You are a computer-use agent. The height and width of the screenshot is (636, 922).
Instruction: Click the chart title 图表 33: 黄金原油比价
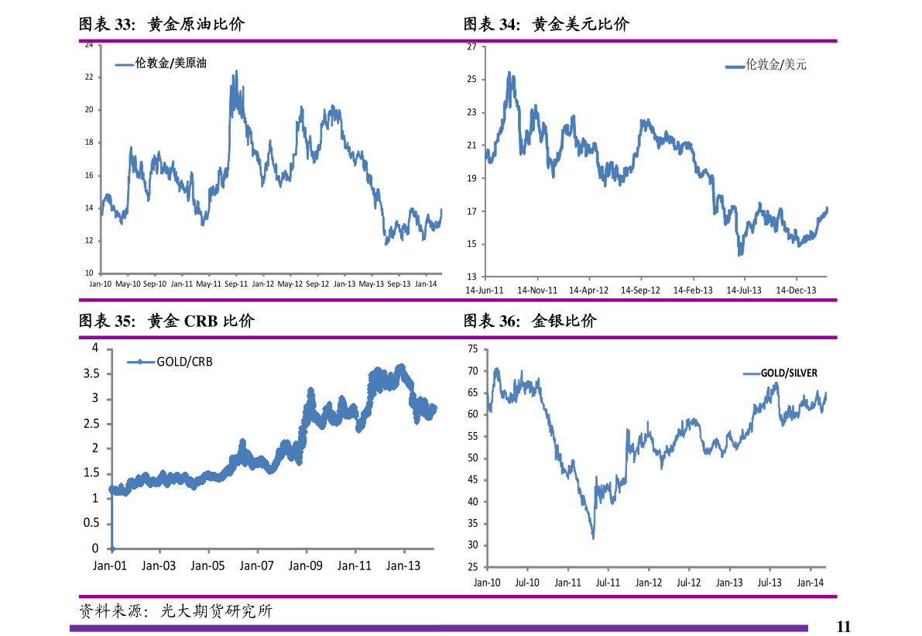[x=162, y=25]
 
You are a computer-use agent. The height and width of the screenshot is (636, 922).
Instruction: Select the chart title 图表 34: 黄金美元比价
[x=547, y=25]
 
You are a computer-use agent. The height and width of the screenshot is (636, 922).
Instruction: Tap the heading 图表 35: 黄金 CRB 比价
[x=166, y=321]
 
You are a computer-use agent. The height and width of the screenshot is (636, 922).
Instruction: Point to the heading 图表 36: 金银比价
[x=530, y=321]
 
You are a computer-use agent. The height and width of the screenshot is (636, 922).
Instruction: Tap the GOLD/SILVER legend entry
[x=788, y=373]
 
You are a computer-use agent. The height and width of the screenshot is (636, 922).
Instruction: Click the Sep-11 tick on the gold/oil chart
[x=236, y=284]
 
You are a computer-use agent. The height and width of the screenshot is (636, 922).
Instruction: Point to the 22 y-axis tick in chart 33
[x=89, y=77]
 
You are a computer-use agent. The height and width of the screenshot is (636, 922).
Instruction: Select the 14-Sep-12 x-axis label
[x=640, y=290]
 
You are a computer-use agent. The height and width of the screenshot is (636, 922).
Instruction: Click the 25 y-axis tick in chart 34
[x=471, y=80]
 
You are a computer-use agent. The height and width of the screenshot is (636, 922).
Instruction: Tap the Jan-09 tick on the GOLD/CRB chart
[x=305, y=566]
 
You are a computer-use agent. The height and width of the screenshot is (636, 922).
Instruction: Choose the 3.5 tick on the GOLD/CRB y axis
[x=91, y=373]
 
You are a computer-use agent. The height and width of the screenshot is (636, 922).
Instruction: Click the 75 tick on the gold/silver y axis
[x=472, y=350]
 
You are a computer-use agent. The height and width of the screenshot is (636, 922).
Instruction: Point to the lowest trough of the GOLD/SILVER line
[x=593, y=538]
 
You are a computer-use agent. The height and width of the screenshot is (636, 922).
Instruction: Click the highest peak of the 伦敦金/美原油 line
[x=235, y=71]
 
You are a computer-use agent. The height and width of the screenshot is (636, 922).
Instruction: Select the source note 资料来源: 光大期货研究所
[x=176, y=611]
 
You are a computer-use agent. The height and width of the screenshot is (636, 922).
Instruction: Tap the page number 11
[x=843, y=626]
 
